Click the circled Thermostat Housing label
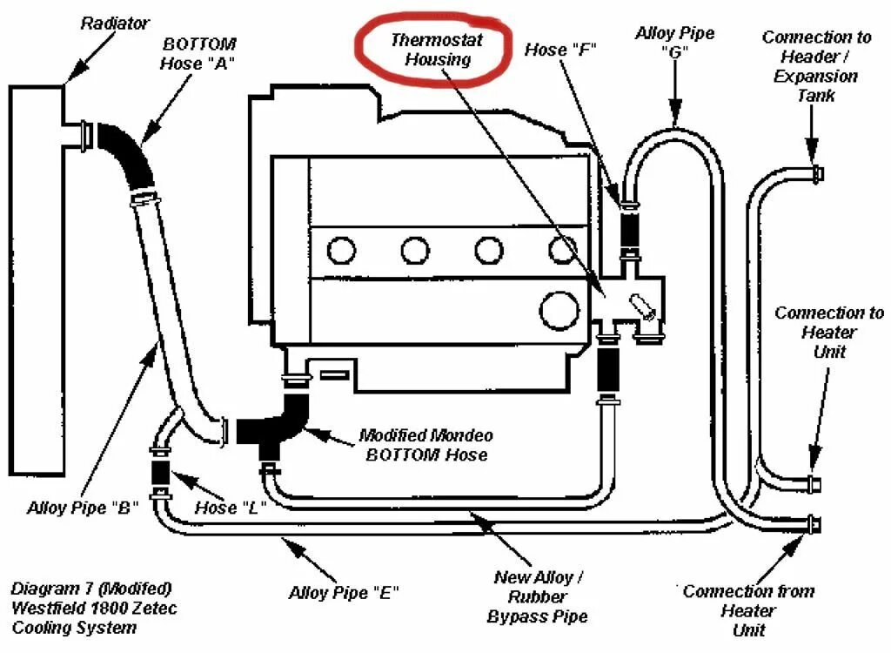pyautogui.click(x=437, y=50)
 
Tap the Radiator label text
pyautogui.click(x=115, y=24)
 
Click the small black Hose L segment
pyautogui.click(x=161, y=473)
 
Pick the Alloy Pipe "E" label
pyautogui.click(x=344, y=594)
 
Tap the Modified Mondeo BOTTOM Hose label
pyautogui.click(x=426, y=445)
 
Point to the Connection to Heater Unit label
pyautogui.click(x=828, y=332)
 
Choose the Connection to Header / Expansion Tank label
pyautogui.click(x=816, y=66)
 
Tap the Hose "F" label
pyautogui.click(x=559, y=50)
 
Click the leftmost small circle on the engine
pyautogui.click(x=341, y=251)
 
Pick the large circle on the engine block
pyautogui.click(x=559, y=309)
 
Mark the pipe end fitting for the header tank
pyautogui.click(x=816, y=172)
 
